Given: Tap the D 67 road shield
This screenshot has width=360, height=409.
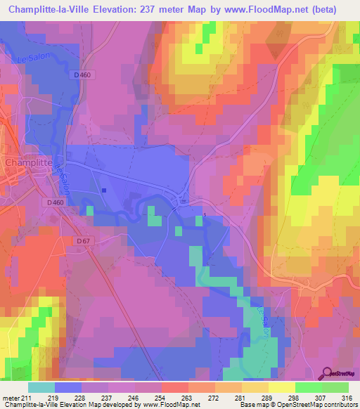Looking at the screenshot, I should (x=83, y=241).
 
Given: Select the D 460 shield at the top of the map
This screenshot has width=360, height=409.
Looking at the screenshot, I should (x=102, y=74).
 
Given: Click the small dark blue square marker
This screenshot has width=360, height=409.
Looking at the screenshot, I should (x=104, y=190).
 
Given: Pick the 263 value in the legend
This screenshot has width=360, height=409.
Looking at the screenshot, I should (x=188, y=397).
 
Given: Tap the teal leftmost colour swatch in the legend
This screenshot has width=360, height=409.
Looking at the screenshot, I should (x=41, y=387).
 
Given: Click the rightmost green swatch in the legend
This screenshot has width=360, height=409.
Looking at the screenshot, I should (x=335, y=387).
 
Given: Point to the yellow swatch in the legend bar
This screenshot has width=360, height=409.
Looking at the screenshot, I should (x=281, y=387).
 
